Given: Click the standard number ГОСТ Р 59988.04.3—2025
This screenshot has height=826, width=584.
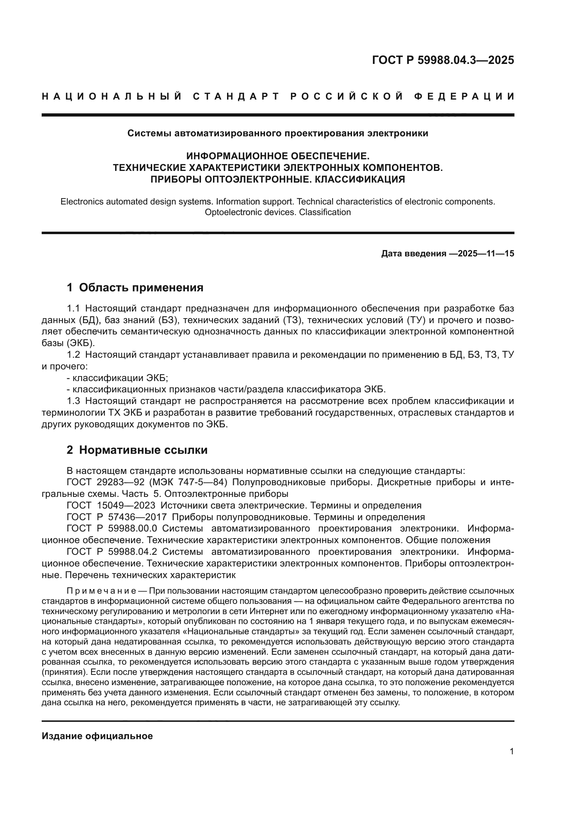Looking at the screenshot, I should [x=443, y=60].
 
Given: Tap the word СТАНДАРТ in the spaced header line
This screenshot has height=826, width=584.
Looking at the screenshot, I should [x=236, y=96].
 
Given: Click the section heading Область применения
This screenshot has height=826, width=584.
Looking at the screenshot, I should [x=141, y=287].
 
